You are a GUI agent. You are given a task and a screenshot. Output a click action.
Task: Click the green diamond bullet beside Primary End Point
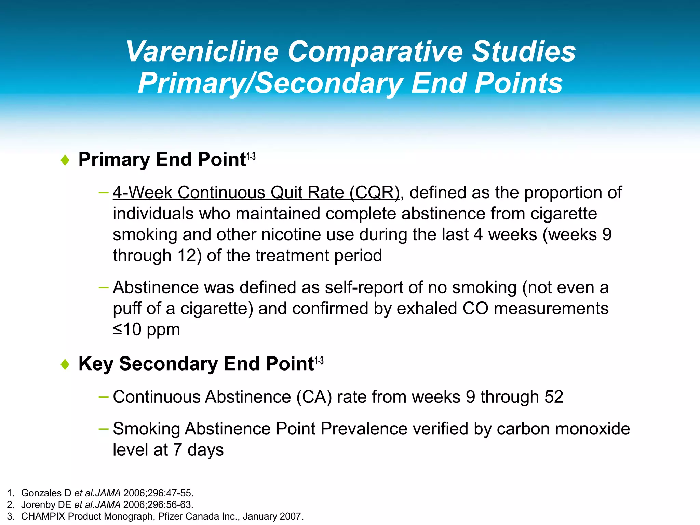(65, 160)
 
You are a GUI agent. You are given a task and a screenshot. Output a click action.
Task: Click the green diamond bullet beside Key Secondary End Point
(65, 364)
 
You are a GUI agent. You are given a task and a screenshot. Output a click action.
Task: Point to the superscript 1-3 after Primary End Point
(251, 157)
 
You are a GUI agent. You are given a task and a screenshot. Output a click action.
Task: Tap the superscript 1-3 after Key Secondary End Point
(319, 361)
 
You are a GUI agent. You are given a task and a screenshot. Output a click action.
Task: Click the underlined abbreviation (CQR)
(375, 192)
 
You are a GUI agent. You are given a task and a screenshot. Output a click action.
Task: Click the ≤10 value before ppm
(127, 329)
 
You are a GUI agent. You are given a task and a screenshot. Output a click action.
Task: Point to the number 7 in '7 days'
(177, 450)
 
